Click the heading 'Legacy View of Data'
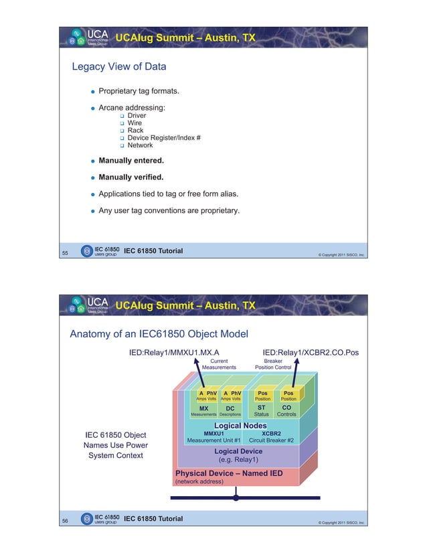[119, 66]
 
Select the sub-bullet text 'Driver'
[137, 116]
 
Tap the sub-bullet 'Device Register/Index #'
[164, 138]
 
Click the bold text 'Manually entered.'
[131, 161]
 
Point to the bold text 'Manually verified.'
[131, 177]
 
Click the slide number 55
[65, 253]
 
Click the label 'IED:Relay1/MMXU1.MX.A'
[175, 351]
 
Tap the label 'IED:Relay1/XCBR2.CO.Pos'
[311, 351]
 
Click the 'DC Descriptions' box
[230, 410]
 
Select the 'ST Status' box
[262, 410]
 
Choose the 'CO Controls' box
[286, 410]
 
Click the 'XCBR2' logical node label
[271, 433]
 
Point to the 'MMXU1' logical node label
[213, 433]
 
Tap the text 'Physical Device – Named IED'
[228, 473]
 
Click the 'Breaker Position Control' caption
[273, 364]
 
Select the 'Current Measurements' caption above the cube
[219, 364]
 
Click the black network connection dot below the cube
[236, 497]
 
